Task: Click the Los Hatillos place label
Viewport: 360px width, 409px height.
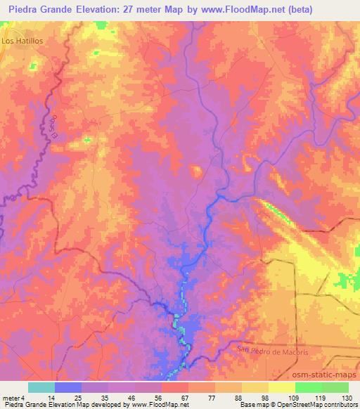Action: pyautogui.click(x=22, y=41)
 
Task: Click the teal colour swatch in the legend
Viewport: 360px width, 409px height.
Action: pyautogui.click(x=41, y=387)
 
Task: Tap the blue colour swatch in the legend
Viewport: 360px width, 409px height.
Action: pyautogui.click(x=67, y=387)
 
